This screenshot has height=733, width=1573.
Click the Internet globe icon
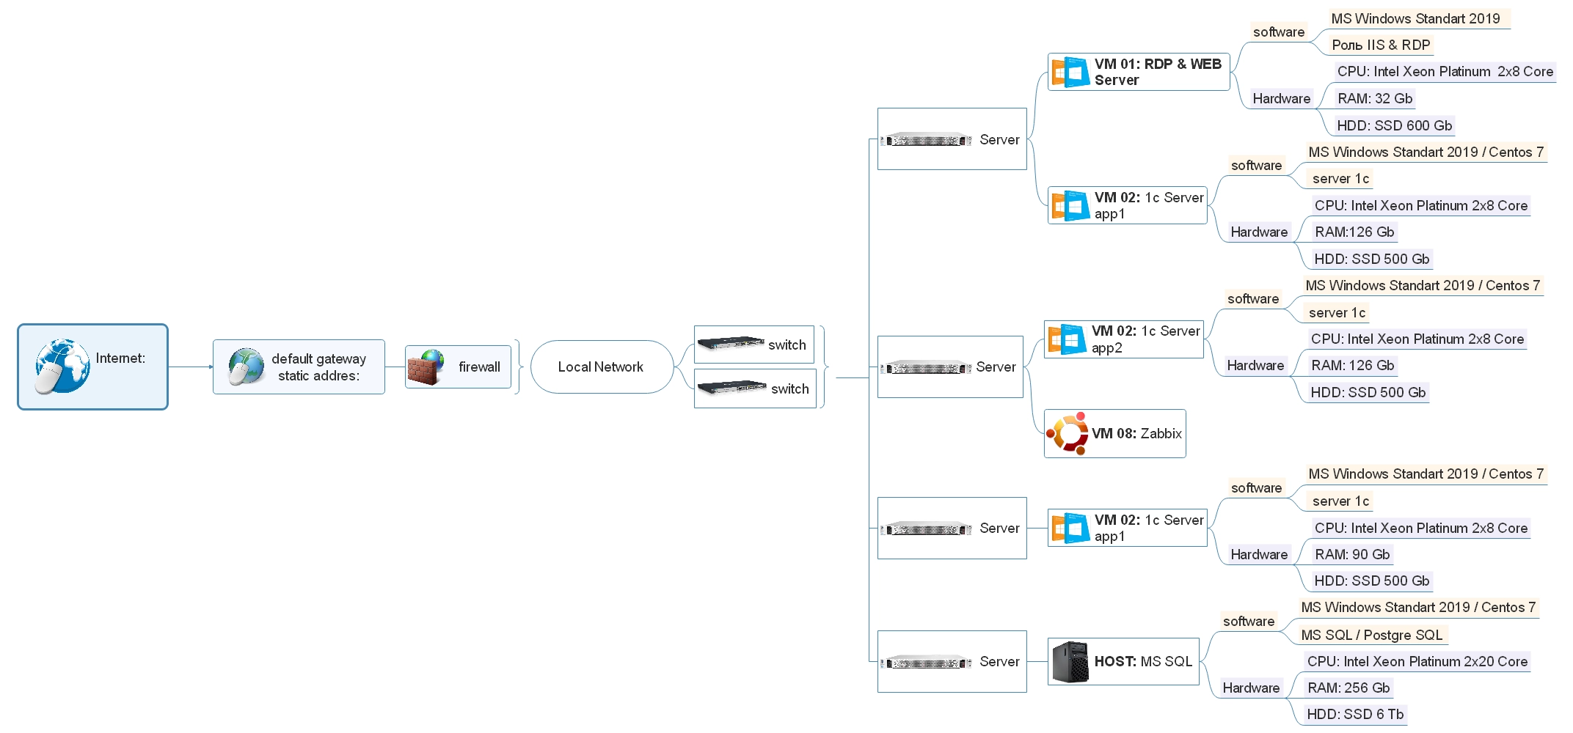[x=62, y=366]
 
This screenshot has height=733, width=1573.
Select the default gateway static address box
[x=299, y=366]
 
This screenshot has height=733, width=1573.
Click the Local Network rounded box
[x=601, y=366]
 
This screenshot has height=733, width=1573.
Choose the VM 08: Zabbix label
[x=1136, y=433]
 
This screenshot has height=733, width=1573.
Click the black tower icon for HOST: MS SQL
[x=1070, y=662]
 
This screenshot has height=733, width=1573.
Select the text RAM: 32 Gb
[x=1374, y=98]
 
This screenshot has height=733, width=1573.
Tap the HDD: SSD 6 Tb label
[x=1355, y=714]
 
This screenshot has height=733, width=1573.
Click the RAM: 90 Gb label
[x=1352, y=554]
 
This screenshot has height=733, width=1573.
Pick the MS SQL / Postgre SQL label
[x=1371, y=635]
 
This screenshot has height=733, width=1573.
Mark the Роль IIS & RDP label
[x=1381, y=45]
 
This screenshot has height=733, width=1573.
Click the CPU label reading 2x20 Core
[x=1417, y=661]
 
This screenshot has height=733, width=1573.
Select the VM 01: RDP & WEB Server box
[x=1139, y=72]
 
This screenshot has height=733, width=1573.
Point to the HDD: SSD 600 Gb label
[x=1394, y=125]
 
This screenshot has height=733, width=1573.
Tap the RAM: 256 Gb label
[x=1348, y=688]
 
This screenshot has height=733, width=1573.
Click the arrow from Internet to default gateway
[x=191, y=366]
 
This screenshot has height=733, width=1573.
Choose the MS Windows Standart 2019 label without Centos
[x=1415, y=18]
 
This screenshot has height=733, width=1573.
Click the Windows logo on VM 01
[x=1070, y=73]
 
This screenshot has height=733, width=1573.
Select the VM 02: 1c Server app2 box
[x=1124, y=339]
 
